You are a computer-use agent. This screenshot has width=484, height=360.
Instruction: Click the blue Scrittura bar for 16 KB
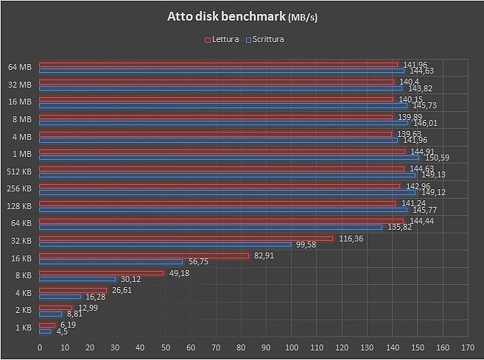pyautogui.click(x=111, y=261)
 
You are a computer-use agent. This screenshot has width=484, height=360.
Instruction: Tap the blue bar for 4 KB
pyautogui.click(x=60, y=296)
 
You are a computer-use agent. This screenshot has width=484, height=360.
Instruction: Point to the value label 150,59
pyautogui.click(x=434, y=157)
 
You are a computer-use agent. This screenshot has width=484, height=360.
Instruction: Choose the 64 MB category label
pyautogui.click(x=20, y=67)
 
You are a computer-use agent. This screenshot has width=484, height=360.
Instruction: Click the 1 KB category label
pyautogui.click(x=22, y=326)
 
